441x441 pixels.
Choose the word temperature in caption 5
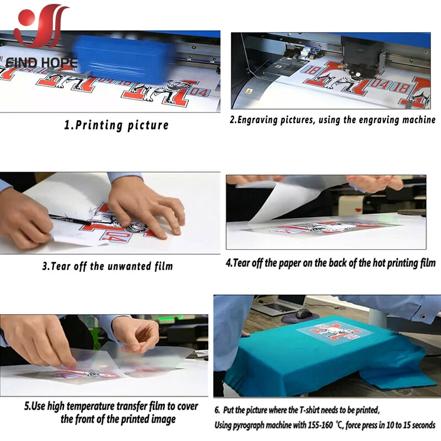(104, 406)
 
